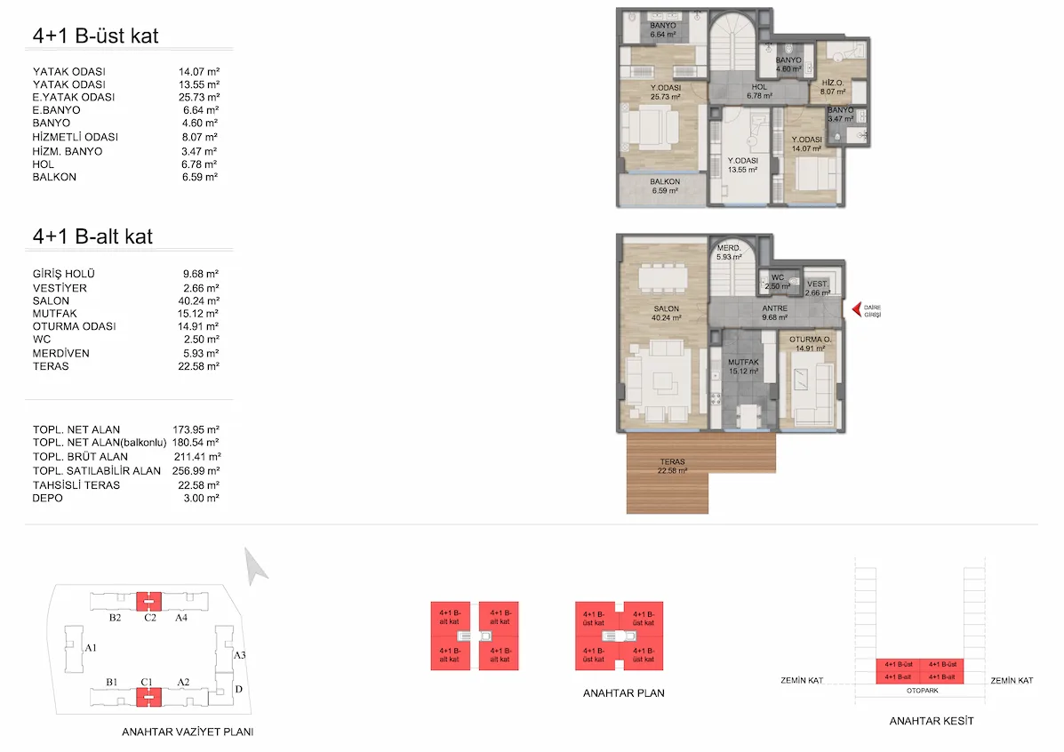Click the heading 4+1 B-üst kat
(96, 36)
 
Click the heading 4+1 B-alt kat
(93, 236)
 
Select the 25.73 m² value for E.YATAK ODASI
(199, 97)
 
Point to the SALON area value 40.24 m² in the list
(198, 300)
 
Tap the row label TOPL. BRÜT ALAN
(80, 457)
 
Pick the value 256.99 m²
(196, 471)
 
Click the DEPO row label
(47, 498)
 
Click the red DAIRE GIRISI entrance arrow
(856, 309)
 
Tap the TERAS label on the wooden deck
(672, 461)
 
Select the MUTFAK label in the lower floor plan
(743, 363)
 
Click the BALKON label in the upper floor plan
(664, 182)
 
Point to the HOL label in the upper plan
(759, 87)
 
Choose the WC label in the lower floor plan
(778, 277)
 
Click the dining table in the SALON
(663, 277)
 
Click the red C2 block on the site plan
(148, 601)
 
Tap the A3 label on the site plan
(239, 655)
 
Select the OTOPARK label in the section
(922, 691)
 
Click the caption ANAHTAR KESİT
(931, 721)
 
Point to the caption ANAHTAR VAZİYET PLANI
(188, 732)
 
